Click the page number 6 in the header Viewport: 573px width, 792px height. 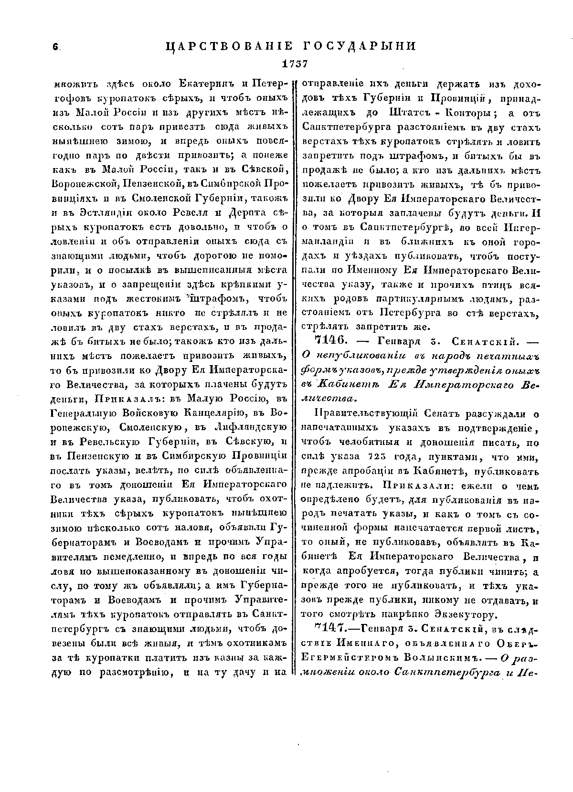tap(55, 47)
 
